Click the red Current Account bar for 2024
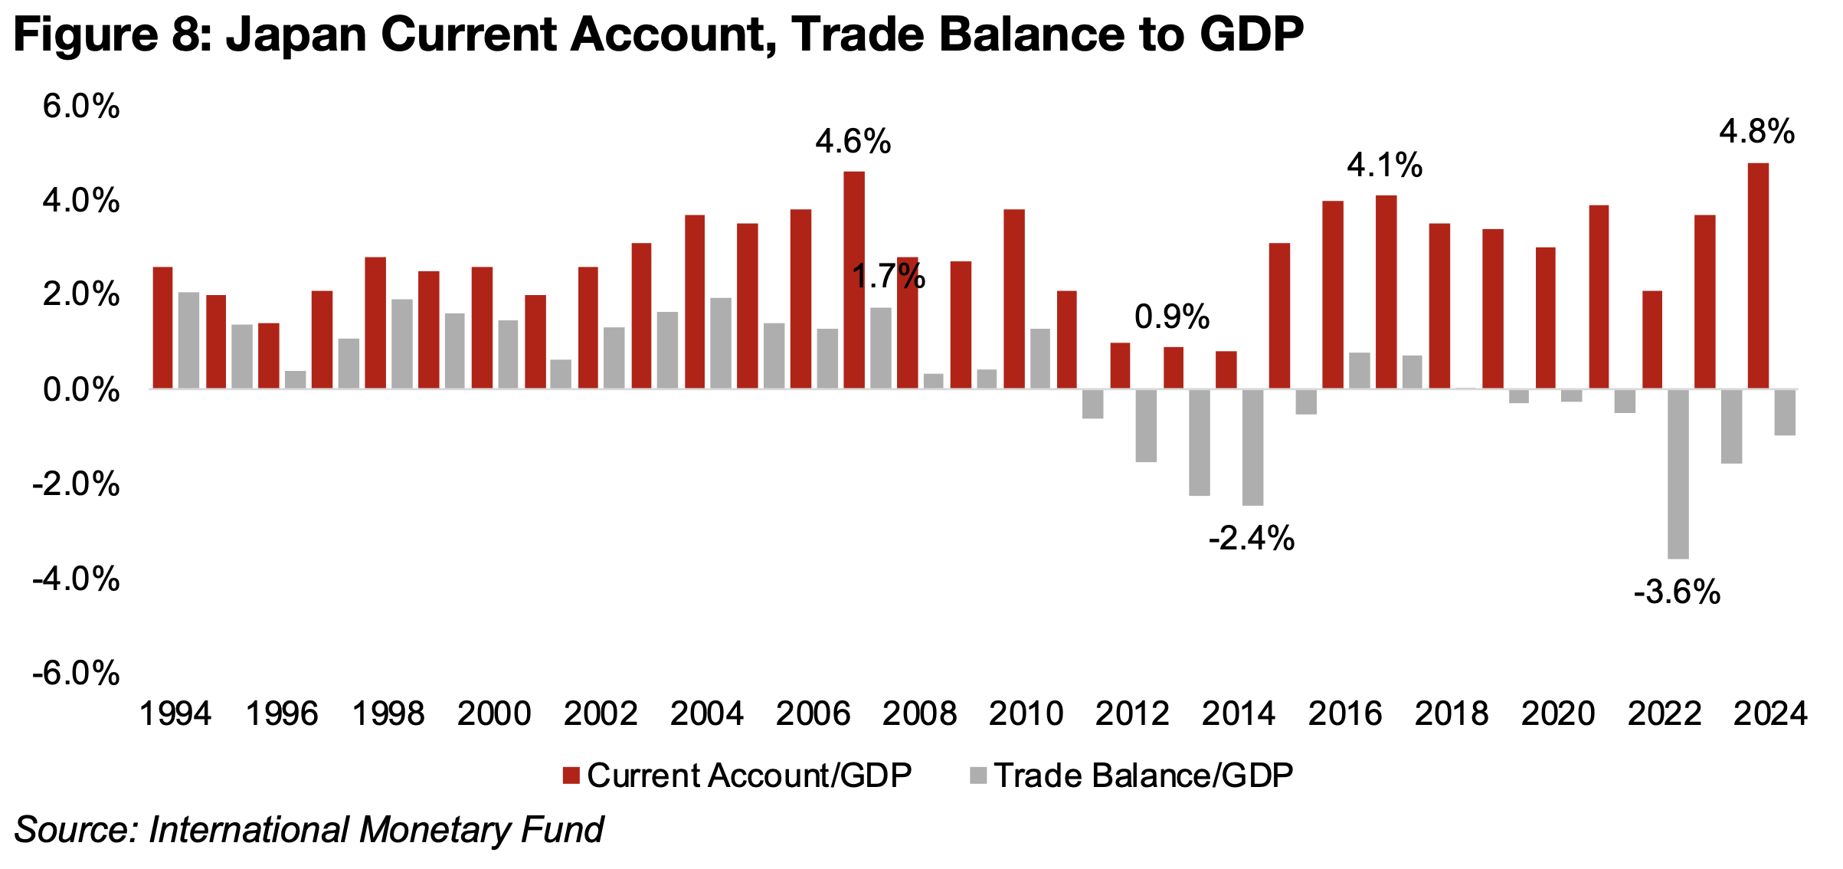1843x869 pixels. (1758, 276)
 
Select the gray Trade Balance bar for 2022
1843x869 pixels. (1678, 474)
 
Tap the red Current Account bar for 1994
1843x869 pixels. (162, 327)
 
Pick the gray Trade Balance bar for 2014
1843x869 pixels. (1252, 448)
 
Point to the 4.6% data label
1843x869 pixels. (853, 142)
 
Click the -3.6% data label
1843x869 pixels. (1677, 592)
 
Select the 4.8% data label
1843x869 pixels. (1756, 132)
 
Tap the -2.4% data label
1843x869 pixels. (1252, 539)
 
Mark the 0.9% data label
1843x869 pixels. (1172, 316)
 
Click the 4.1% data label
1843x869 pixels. (1384, 166)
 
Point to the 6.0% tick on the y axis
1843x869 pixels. (81, 107)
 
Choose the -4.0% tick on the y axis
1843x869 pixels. (76, 579)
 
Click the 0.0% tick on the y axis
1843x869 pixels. (81, 390)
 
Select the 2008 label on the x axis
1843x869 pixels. (919, 714)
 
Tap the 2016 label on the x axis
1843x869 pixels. (1344, 714)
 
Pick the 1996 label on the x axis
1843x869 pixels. (281, 714)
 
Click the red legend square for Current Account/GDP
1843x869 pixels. (571, 776)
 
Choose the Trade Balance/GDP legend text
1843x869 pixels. (1144, 776)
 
